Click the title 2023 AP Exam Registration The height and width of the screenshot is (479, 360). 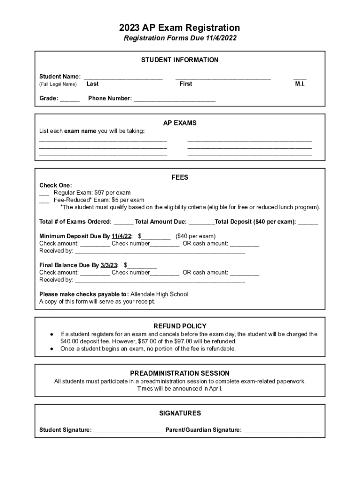pos(180,28)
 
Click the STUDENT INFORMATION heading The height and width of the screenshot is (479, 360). pos(180,60)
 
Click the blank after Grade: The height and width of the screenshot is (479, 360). pos(70,100)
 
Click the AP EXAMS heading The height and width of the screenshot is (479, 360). pos(180,123)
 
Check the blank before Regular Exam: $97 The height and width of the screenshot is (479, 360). pos(44,193)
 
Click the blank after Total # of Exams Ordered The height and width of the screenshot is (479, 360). pos(123,223)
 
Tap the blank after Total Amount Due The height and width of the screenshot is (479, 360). pos(202,223)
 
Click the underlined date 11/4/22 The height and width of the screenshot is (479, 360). pos(122,236)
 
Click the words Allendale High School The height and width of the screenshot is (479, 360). pos(159,294)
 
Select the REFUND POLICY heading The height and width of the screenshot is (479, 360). pos(180,326)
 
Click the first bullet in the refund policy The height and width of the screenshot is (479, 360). pos(51,334)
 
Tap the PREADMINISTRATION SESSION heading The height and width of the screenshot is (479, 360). pos(180,373)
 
